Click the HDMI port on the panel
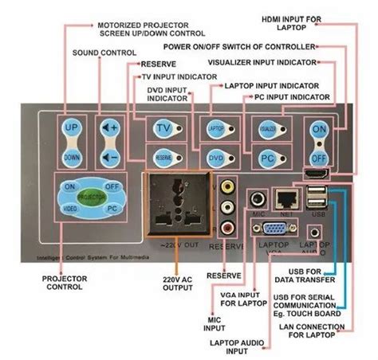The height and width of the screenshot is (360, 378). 316,173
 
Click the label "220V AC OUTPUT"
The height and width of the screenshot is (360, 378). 180,284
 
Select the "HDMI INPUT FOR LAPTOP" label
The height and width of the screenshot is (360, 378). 314,22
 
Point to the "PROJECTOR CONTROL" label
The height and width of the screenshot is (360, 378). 65,284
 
